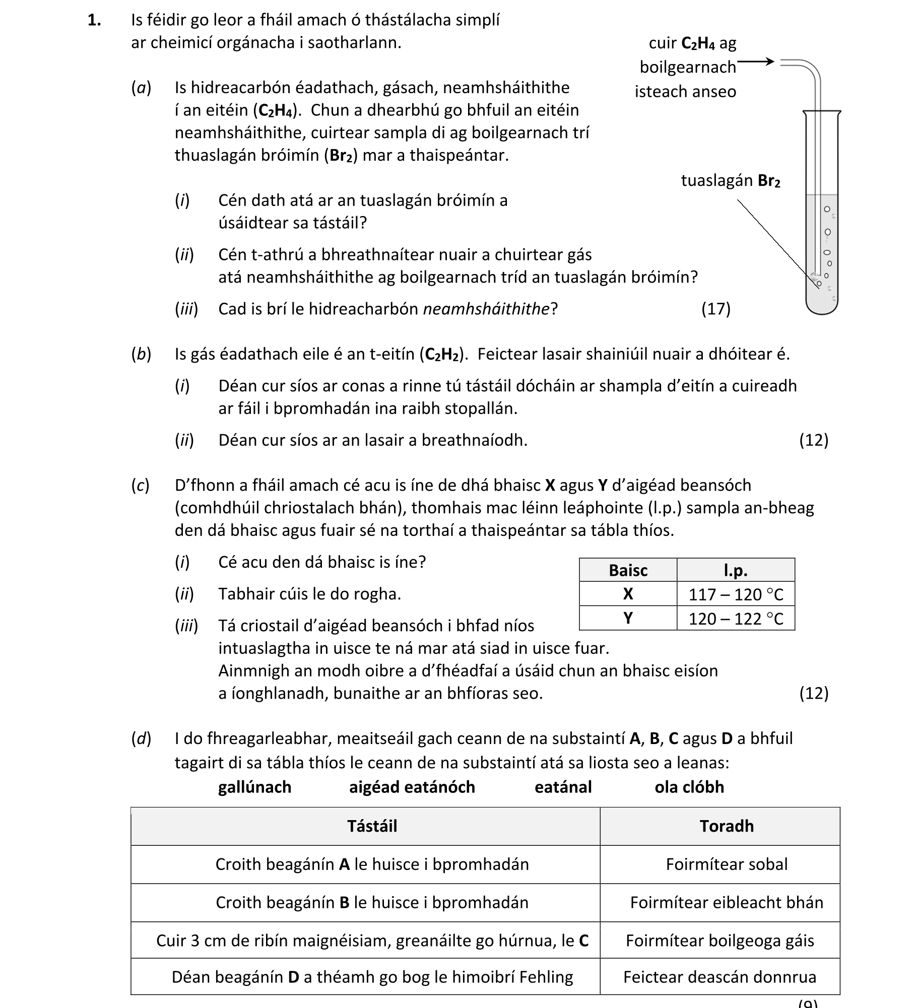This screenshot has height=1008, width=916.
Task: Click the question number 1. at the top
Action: click(94, 20)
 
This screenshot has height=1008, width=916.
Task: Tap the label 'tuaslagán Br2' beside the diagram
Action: click(730, 180)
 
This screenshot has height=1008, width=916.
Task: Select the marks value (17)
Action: click(715, 309)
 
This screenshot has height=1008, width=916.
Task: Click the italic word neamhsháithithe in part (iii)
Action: click(486, 309)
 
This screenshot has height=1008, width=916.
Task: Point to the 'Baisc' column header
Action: click(628, 570)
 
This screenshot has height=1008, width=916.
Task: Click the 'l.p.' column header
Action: click(735, 570)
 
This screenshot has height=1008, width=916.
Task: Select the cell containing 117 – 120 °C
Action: click(736, 594)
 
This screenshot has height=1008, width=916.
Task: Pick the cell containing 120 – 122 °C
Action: click(736, 619)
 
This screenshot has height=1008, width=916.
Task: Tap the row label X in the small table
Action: click(628, 594)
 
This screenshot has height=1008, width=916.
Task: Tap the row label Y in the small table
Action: click(628, 618)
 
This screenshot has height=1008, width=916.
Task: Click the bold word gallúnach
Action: click(254, 787)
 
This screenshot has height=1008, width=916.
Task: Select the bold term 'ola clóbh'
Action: click(689, 787)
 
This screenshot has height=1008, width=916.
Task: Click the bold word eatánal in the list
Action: click(563, 787)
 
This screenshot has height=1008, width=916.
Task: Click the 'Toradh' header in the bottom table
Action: click(726, 826)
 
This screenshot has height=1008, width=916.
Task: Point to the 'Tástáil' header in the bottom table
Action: click(372, 826)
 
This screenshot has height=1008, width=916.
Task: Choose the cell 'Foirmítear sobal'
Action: click(726, 864)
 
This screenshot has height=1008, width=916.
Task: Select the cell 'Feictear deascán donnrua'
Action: click(719, 977)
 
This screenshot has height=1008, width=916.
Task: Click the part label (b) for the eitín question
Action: click(141, 355)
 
